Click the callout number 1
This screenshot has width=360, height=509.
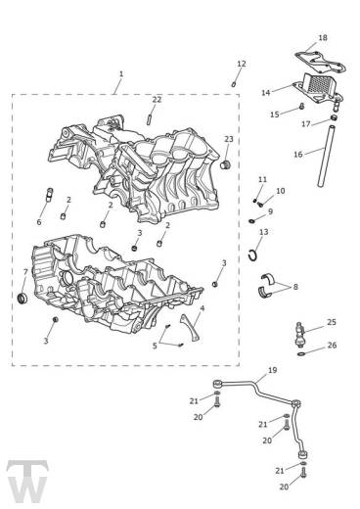120,74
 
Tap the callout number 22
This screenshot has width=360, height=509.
157,100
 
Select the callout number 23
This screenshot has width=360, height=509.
229,140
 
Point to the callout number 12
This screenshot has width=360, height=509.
241,64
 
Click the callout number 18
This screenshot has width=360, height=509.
324,38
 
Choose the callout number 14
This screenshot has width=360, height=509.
266,92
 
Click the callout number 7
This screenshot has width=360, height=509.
25,272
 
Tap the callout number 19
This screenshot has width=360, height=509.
272,371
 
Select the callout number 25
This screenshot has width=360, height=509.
332,322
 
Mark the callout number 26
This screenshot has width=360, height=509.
332,345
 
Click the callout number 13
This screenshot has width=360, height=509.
264,232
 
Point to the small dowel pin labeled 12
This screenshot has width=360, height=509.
235,83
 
